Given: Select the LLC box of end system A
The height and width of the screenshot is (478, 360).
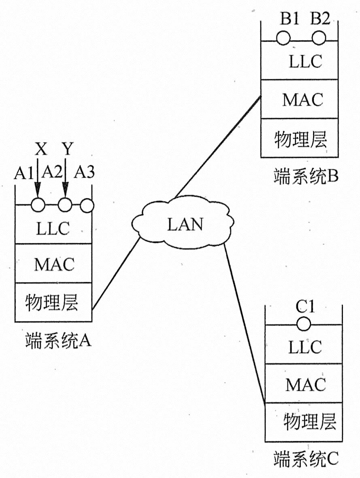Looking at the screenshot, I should (x=53, y=227).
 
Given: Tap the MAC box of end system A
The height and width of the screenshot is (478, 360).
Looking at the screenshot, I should (x=53, y=263).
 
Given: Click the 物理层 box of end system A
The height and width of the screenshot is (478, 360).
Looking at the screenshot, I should (x=53, y=302).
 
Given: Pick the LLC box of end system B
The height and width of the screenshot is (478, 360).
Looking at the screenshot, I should (x=300, y=62).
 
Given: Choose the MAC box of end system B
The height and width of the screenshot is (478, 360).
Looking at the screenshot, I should (x=300, y=99).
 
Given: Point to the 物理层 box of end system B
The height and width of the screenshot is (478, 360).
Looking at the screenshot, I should (x=300, y=138).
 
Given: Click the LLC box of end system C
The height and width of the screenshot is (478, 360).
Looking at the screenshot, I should (x=304, y=347).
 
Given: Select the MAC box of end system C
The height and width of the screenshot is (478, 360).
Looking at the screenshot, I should (x=304, y=384).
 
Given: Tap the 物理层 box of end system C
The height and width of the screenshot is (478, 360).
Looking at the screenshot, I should (x=304, y=422).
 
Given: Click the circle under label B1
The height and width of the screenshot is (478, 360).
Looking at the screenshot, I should (x=283, y=38).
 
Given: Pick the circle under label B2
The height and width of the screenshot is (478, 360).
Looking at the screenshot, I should (x=319, y=38).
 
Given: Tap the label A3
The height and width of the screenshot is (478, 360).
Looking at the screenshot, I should (x=84, y=173).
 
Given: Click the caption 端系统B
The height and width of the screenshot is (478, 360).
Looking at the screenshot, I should (x=306, y=176).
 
